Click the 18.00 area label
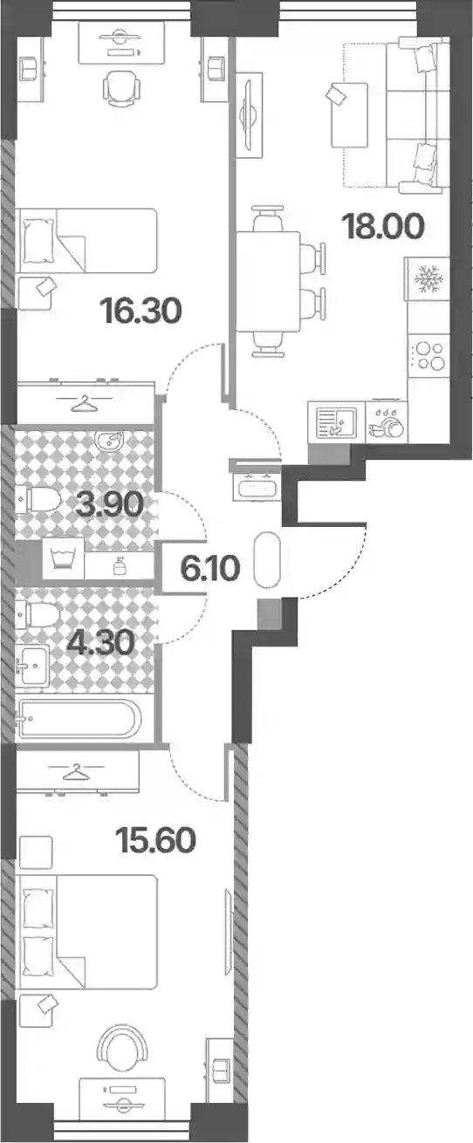pos(384,227)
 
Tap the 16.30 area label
pos(141,311)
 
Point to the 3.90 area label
pos(109,504)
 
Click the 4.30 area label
pos(100,642)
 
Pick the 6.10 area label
pos(209,569)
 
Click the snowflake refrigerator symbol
pos(428,278)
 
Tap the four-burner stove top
pos(428,356)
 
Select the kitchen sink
pos(336,422)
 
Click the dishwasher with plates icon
pos(387,421)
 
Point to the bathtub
pos(78,718)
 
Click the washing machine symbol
pos(63,558)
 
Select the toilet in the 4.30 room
pos(38,614)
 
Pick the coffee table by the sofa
pos(350,115)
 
